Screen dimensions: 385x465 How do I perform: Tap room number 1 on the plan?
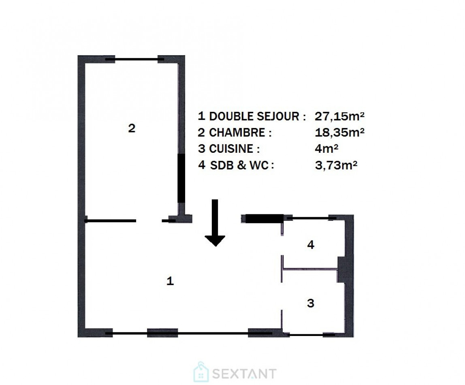[x=171, y=281]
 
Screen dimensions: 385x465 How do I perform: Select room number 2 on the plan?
[x=131, y=129]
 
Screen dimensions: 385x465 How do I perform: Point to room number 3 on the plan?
[x=311, y=303]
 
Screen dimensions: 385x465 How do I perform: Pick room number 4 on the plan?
[x=311, y=245]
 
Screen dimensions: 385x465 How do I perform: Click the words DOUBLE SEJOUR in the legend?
[x=257, y=116]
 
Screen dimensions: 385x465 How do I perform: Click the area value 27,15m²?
[x=339, y=116]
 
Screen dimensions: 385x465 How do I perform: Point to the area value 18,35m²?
[x=339, y=133]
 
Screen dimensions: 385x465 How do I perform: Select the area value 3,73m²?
[x=336, y=165]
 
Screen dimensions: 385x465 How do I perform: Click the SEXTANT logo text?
[x=243, y=373]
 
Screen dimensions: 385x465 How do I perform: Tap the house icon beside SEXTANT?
[x=201, y=372]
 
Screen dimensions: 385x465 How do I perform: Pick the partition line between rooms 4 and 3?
[x=311, y=269]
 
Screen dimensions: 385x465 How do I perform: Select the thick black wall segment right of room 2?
[x=181, y=178]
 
